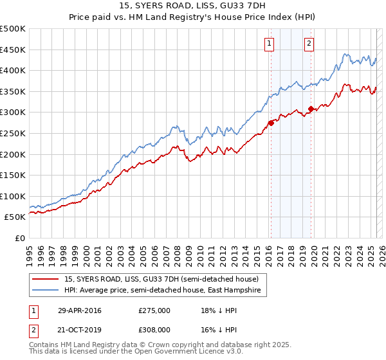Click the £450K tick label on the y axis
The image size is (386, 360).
point(13,50)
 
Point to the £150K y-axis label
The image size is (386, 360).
point(13,175)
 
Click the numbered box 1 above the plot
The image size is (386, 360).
point(270,44)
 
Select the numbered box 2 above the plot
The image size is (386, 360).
point(309,44)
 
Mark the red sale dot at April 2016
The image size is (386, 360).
point(271,123)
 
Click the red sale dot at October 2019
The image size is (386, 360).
point(311,109)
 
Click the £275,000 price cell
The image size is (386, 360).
point(154,310)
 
